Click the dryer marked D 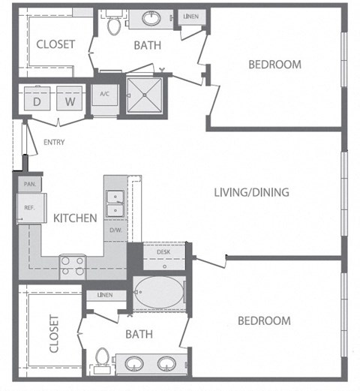[37, 98]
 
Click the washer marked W [70, 98]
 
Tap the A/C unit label [104, 94]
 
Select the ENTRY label [54, 143]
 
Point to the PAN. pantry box [30, 184]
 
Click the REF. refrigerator [31, 208]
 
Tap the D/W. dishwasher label [115, 230]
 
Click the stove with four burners [73, 267]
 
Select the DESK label [163, 252]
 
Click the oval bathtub [159, 292]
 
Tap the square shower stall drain [145, 95]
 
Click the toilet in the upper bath [114, 24]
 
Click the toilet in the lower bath [102, 359]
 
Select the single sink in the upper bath [151, 19]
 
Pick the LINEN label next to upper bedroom [191, 17]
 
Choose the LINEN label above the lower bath [105, 295]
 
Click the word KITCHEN [75, 218]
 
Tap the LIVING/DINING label [252, 192]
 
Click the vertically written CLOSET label [54, 333]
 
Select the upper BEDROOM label [274, 65]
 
